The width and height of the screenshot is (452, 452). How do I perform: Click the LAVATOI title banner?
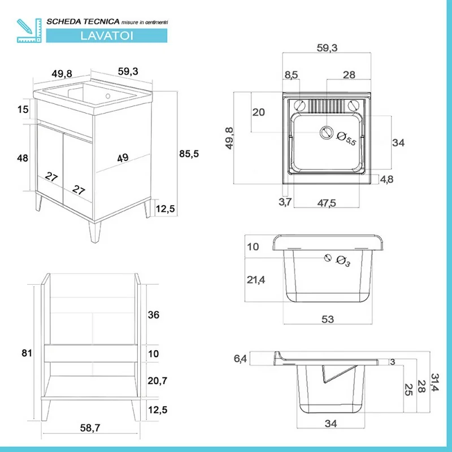click(x=107, y=36)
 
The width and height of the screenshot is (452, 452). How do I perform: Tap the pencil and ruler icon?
click(x=29, y=31)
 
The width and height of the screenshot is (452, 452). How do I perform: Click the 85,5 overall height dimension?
click(x=189, y=154)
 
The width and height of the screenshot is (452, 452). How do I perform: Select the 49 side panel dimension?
click(x=123, y=158)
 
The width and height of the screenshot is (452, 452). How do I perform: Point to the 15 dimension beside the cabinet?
click(x=23, y=109)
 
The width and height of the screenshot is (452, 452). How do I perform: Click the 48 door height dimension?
click(x=23, y=158)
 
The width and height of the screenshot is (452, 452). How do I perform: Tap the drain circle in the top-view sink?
click(x=326, y=132)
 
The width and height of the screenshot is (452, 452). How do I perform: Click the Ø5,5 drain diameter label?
click(x=346, y=138)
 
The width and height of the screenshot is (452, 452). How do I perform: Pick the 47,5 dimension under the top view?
click(x=327, y=203)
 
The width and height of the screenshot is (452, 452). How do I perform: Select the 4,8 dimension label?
click(x=386, y=179)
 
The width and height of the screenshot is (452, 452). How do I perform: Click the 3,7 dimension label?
click(x=285, y=202)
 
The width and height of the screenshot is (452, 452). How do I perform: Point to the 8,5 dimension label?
click(x=291, y=75)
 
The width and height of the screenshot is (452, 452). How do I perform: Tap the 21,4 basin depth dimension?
click(x=256, y=280)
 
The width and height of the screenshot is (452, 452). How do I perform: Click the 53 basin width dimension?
click(x=328, y=319)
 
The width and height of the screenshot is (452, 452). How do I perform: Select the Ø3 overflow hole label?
click(x=344, y=261)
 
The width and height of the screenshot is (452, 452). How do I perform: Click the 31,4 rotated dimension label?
click(x=434, y=383)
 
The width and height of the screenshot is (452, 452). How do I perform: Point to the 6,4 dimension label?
click(x=240, y=359)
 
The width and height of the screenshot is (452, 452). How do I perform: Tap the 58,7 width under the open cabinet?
click(x=90, y=428)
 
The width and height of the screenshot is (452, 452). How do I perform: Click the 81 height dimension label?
click(x=27, y=353)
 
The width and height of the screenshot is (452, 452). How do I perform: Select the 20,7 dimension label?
click(x=158, y=381)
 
